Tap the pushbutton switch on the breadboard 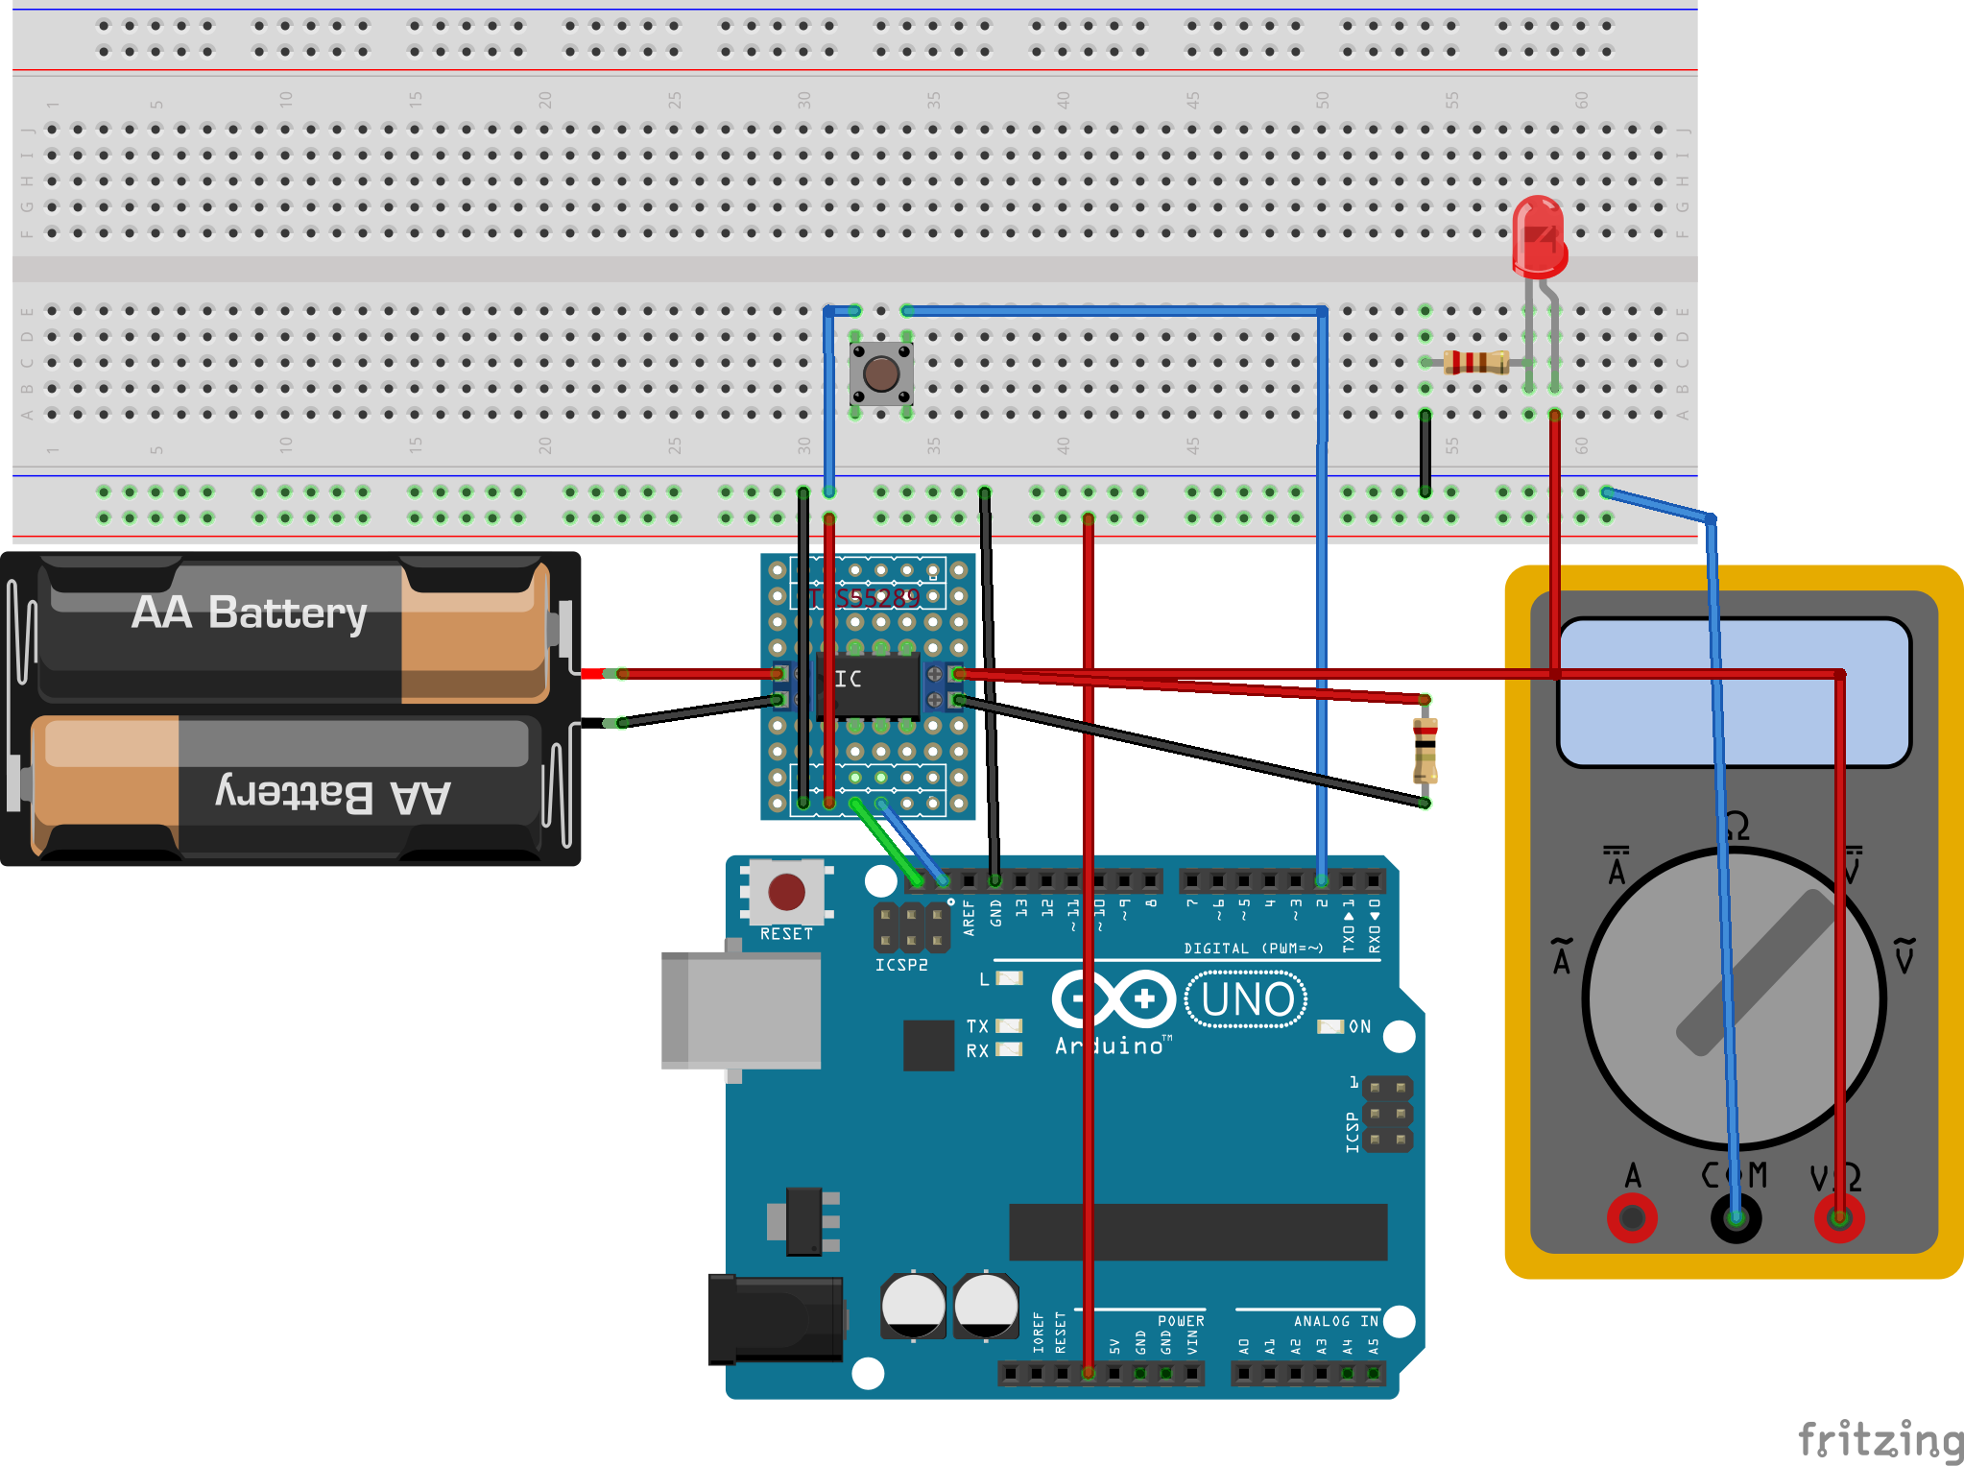[881, 373]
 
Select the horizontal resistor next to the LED [1476, 362]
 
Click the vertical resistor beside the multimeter [1425, 751]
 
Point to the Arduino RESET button [786, 892]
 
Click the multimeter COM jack [1736, 1219]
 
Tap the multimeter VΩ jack [1838, 1219]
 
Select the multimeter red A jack [1632, 1219]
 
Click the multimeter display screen [1734, 692]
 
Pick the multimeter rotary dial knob [1734, 998]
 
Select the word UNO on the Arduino [1247, 999]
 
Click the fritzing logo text [1880, 1440]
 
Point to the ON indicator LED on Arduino [1329, 1026]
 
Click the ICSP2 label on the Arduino [901, 965]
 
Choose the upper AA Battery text [250, 613]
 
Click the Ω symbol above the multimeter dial [1736, 827]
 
